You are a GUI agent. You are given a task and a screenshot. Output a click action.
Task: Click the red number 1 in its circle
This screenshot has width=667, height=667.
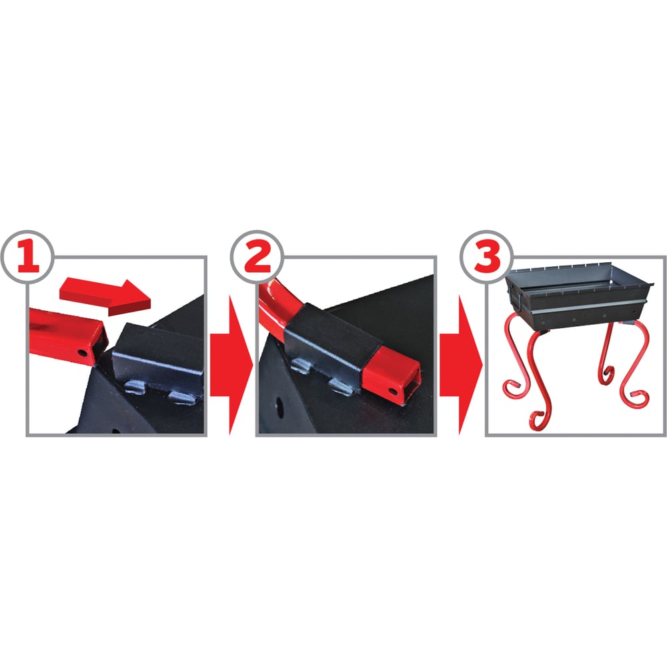(x=29, y=257)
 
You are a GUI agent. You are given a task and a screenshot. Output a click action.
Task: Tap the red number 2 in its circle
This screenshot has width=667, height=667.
(x=257, y=257)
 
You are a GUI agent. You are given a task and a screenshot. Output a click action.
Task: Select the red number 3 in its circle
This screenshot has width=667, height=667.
(x=487, y=257)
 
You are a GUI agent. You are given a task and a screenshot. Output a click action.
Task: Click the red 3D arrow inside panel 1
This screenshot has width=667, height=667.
(x=105, y=297)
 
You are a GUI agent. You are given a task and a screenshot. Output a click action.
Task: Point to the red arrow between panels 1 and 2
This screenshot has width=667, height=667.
(x=231, y=365)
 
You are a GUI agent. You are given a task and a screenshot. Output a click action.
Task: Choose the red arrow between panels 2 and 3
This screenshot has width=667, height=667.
(x=461, y=365)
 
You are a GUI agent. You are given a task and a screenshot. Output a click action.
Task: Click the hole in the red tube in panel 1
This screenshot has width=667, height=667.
(x=81, y=353)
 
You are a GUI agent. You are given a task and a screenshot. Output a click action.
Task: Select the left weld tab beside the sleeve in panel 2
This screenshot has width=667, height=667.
(x=301, y=366)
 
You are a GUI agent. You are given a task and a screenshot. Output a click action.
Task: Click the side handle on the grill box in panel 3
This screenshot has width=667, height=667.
(x=515, y=297)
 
